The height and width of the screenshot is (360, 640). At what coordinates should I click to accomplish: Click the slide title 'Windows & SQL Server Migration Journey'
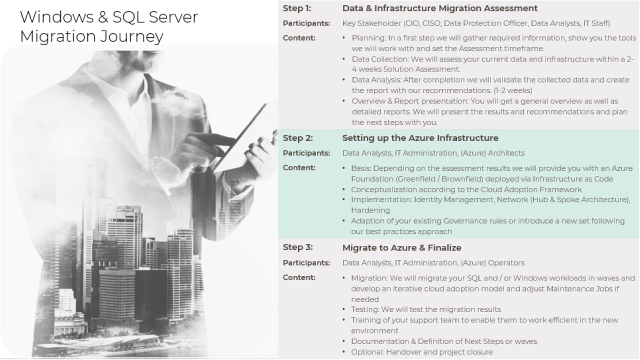coord(108,26)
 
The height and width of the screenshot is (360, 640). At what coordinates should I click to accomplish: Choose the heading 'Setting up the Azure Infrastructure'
coord(420,137)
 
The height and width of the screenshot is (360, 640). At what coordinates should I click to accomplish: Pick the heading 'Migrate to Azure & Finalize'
coord(401,247)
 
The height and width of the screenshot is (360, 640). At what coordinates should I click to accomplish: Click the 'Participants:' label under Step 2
coord(306,153)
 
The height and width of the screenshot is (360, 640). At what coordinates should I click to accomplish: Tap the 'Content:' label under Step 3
coord(299,277)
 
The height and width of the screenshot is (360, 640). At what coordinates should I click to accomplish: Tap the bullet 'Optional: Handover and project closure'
coord(425,352)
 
